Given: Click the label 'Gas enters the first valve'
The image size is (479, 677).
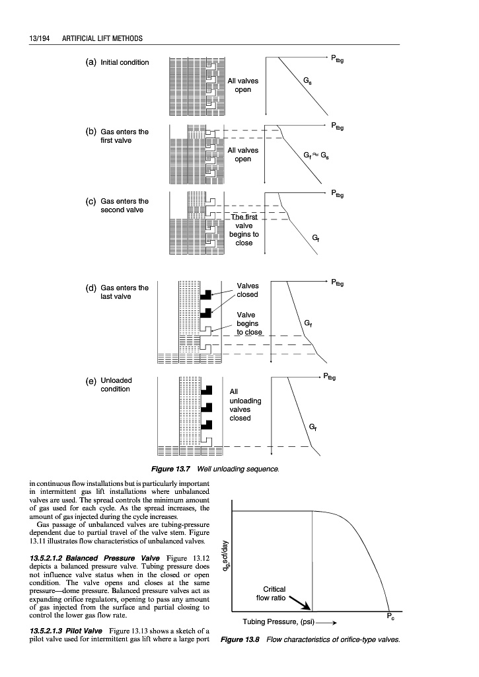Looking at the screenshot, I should tap(124, 136).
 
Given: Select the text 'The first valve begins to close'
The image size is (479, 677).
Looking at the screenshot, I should tap(244, 229).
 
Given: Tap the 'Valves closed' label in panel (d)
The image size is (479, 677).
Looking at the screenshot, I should tap(248, 290).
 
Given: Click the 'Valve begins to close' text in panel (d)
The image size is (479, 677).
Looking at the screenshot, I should tap(249, 323).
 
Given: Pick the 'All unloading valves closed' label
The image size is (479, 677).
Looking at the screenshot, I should tap(245, 405).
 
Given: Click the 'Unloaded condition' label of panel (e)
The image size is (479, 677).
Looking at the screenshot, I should tap(116, 385).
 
